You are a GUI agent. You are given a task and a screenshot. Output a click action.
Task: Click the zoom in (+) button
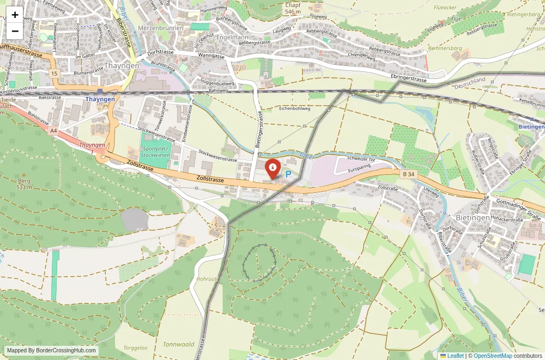pyautogui.click(x=15, y=15)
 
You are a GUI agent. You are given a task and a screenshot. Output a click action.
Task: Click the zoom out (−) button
pyautogui.click(x=15, y=31)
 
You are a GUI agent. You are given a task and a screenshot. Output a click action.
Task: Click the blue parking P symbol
pyautogui.click(x=288, y=175)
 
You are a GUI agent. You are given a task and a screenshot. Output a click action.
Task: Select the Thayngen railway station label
pyautogui.click(x=100, y=99)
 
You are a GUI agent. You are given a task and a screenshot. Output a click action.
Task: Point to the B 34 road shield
pyautogui.click(x=408, y=174)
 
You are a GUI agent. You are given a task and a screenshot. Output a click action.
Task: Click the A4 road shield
pyautogui.click(x=53, y=131)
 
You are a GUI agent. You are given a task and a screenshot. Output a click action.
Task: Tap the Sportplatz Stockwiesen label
pyautogui.click(x=155, y=151)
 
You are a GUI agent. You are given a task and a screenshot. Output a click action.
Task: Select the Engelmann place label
pyautogui.click(x=233, y=38)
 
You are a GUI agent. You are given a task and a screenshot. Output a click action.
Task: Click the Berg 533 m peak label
pyautogui.click(x=24, y=184)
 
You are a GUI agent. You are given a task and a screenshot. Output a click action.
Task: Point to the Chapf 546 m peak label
pyautogui.click(x=293, y=8)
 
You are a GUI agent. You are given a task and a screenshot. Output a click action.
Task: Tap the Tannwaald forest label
pyautogui.click(x=179, y=344)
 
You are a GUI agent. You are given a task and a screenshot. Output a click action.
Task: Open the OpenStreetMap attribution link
pyautogui.click(x=493, y=356)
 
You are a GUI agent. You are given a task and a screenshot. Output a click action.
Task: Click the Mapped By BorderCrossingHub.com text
pyautogui.click(x=52, y=351)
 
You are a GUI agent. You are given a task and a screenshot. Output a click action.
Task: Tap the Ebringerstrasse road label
pyautogui.click(x=409, y=78)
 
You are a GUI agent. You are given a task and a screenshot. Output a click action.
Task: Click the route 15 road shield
pyautogui.click(x=54, y=73)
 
